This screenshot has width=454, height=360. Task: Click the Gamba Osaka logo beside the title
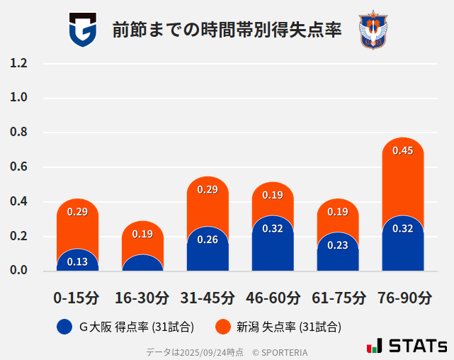tap(82, 30)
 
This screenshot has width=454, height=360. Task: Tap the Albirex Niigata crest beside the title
tap(372, 30)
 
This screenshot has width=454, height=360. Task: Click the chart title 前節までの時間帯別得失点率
tap(227, 30)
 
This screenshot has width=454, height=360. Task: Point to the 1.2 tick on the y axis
tap(18, 64)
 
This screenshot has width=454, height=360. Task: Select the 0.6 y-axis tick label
tap(18, 167)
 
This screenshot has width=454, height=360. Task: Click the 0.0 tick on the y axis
tap(18, 271)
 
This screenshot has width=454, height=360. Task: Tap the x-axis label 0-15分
tap(76, 298)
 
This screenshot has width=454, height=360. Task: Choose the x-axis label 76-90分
tap(403, 298)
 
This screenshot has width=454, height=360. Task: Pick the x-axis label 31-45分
tap(207, 298)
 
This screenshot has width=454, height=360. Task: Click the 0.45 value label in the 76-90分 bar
tap(402, 150)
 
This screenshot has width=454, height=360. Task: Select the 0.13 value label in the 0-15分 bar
tap(77, 261)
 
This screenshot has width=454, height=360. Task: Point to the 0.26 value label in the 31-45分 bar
tap(208, 240)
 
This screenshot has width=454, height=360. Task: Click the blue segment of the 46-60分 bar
tap(273, 248)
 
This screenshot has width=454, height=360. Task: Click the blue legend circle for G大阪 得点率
tap(64, 327)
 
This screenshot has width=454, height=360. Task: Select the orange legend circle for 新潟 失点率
tap(222, 327)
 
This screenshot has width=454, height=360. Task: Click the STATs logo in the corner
tap(407, 346)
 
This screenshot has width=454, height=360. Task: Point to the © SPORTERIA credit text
tap(280, 351)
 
